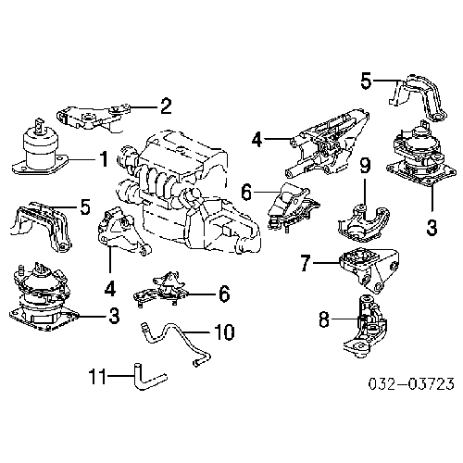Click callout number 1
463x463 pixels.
tap(104, 159)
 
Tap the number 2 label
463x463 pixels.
tap(165, 105)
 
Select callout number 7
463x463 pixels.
tap(305, 264)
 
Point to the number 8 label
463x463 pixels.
tap(323, 321)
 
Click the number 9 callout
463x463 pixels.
tap(365, 167)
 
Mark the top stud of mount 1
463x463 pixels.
tap(39, 123)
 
